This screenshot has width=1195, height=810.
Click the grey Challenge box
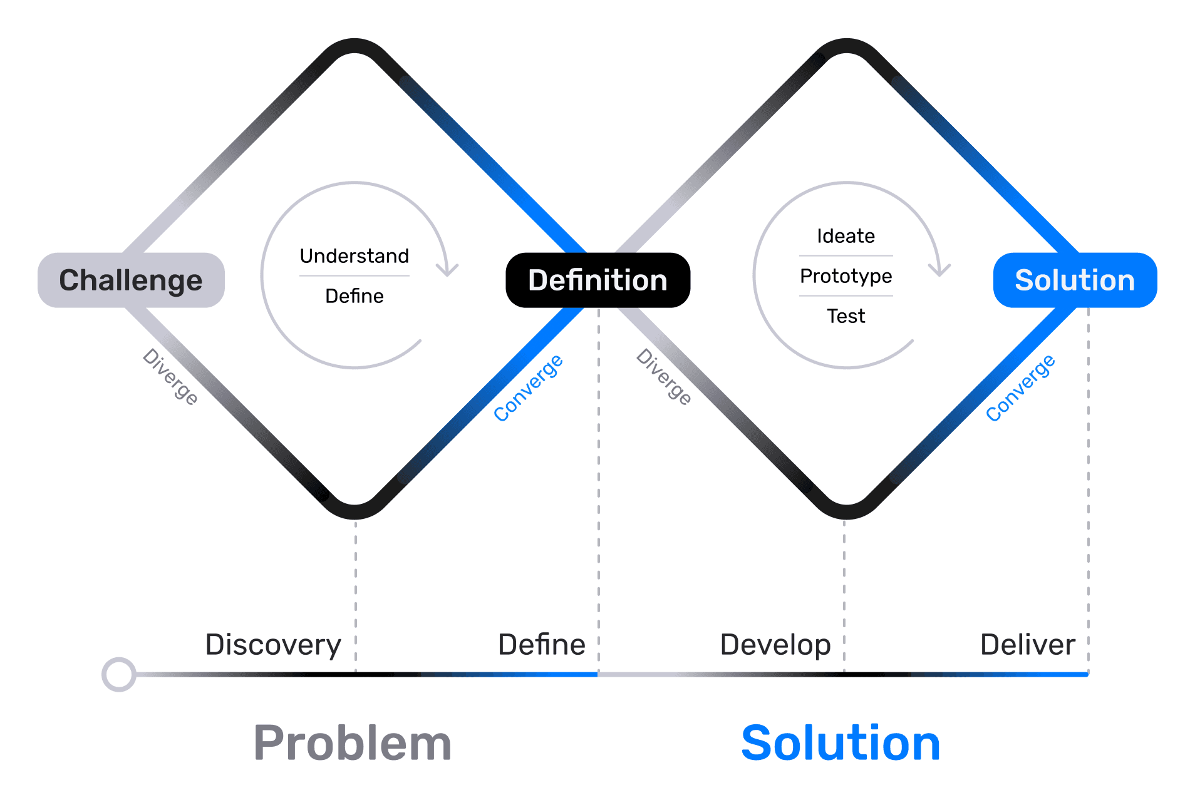click(x=131, y=280)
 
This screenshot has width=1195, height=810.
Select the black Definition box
click(x=597, y=280)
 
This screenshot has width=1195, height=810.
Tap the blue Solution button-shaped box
click(x=1075, y=280)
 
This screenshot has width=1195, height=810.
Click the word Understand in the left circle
click(x=354, y=256)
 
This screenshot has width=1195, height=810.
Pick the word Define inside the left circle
click(x=354, y=296)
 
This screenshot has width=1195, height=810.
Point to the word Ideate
click(x=846, y=236)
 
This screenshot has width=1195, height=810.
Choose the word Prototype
click(x=846, y=276)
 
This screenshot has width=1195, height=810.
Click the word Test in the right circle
click(x=846, y=316)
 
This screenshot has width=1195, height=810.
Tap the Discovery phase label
click(x=273, y=645)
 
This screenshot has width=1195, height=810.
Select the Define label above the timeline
click(x=542, y=645)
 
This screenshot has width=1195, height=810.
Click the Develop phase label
click(x=775, y=645)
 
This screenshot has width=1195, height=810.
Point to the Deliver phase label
click(x=1028, y=645)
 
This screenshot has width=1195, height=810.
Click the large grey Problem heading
click(x=353, y=743)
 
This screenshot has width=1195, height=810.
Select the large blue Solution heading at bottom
click(x=841, y=743)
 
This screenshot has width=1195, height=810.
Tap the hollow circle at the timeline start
click(x=119, y=674)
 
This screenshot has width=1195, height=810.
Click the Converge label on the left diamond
click(x=528, y=387)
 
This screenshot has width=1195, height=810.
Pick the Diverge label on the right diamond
click(x=664, y=377)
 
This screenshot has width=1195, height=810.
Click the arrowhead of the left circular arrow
click(x=447, y=270)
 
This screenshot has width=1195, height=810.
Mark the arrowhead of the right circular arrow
click(x=939, y=270)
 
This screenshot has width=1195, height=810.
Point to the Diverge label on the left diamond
click(x=170, y=377)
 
